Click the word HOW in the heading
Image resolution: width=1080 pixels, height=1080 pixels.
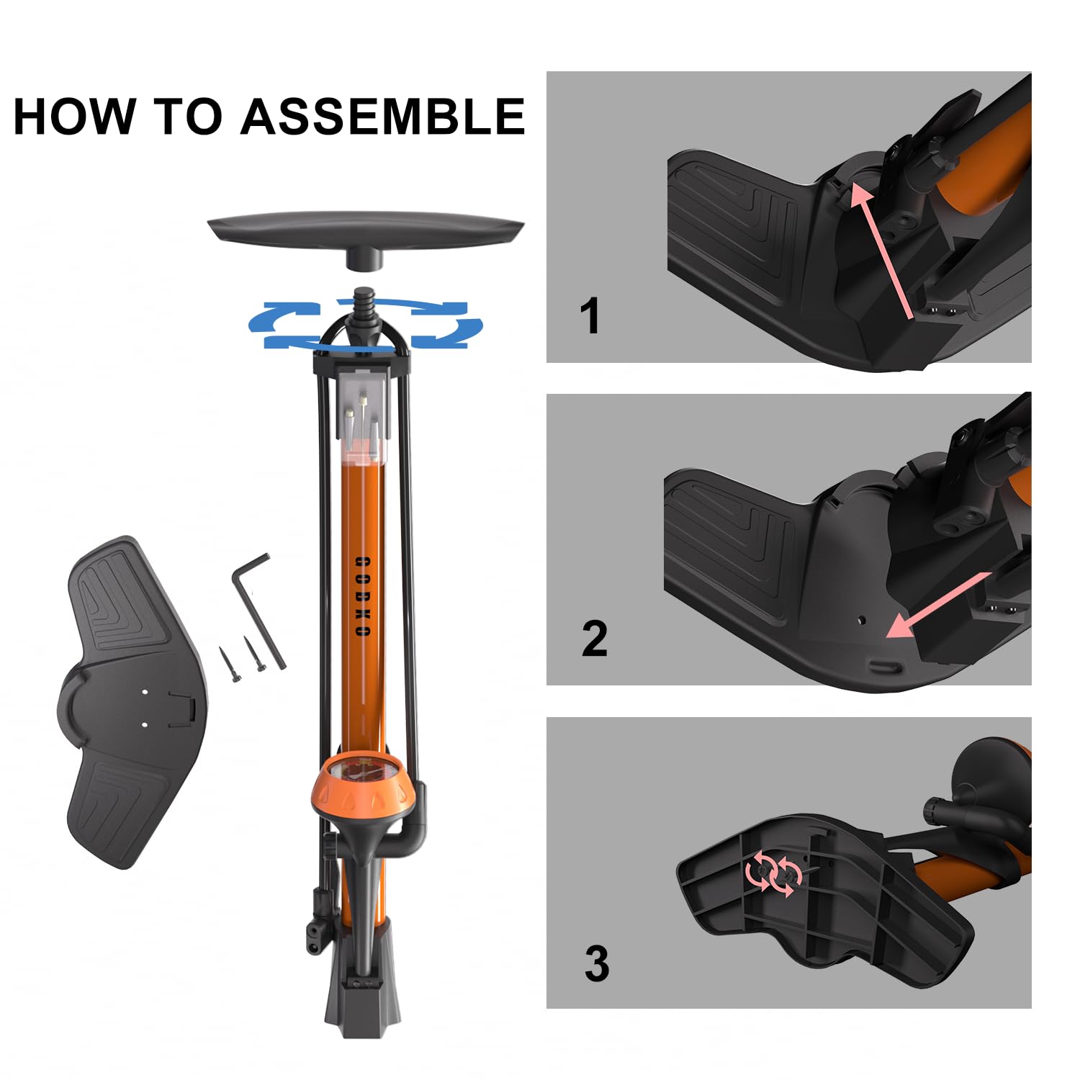(75, 116)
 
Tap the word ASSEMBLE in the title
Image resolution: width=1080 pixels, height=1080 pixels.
(383, 116)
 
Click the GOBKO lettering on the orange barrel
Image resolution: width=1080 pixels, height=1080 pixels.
(363, 596)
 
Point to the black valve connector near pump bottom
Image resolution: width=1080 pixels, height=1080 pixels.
(318, 925)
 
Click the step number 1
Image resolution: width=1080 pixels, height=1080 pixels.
(590, 316)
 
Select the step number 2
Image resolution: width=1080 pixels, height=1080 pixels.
(594, 639)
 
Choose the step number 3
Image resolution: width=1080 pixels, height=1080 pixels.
(596, 963)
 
